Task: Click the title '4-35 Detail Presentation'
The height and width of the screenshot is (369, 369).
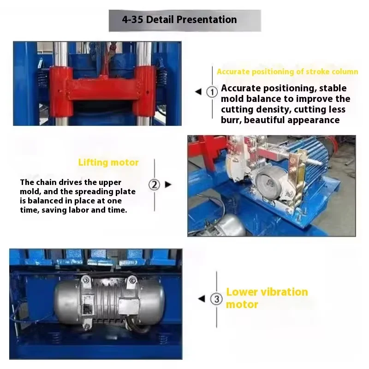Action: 179,19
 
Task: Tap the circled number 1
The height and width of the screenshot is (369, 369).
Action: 212,92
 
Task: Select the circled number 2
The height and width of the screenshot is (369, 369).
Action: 154,185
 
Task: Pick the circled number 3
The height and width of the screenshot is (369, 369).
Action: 216,299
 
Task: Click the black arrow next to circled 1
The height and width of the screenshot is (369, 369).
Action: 198,91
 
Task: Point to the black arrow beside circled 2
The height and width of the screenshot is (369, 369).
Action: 168,184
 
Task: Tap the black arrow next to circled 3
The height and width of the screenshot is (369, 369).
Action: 202,299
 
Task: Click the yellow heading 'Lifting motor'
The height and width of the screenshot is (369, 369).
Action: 108,162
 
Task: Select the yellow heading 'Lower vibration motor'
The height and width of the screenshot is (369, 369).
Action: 267,298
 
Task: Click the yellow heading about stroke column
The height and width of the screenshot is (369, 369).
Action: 287,71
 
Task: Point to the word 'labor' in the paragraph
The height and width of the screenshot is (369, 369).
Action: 78,210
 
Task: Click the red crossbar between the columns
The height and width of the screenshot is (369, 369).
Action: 103,89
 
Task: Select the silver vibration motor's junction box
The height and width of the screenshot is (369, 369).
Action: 129,306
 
